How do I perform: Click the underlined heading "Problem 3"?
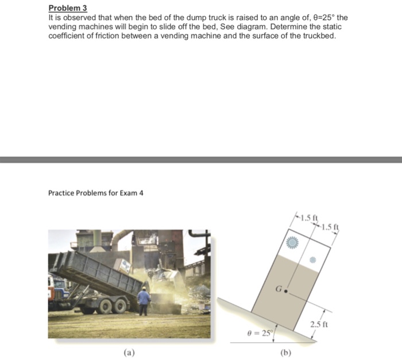tap(67, 8)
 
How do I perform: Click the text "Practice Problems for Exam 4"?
tap(95, 193)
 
